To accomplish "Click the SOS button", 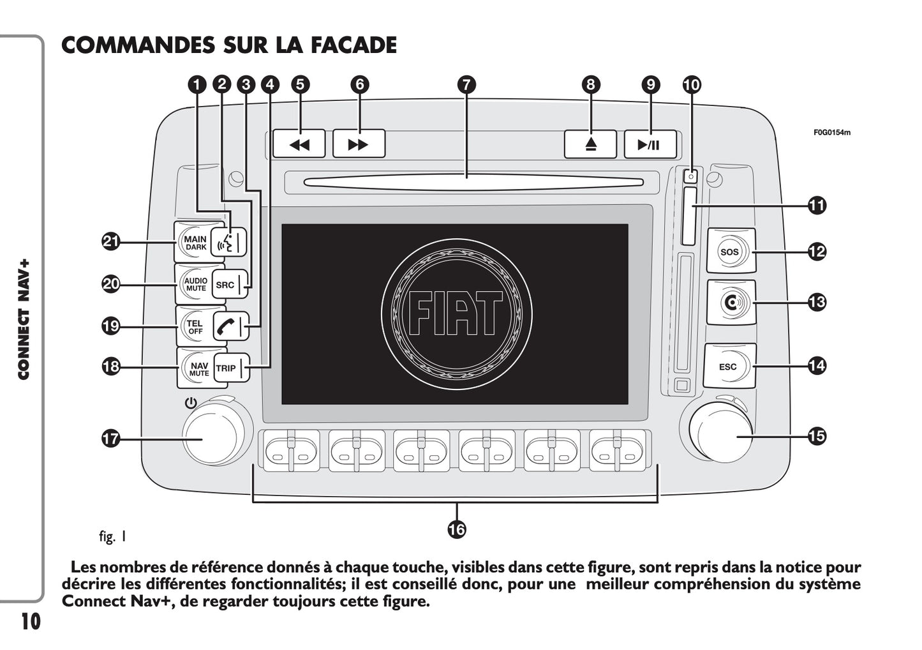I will point(730,252).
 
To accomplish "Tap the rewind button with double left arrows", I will point(299,144).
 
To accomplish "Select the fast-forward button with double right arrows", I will point(359,144).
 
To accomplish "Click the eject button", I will point(590,144).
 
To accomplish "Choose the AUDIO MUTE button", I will point(195,284).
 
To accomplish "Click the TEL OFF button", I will point(194,327).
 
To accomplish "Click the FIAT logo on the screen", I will point(456,314).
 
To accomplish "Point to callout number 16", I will point(457,529).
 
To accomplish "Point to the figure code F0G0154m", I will point(831,133).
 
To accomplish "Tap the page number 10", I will point(30,621).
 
